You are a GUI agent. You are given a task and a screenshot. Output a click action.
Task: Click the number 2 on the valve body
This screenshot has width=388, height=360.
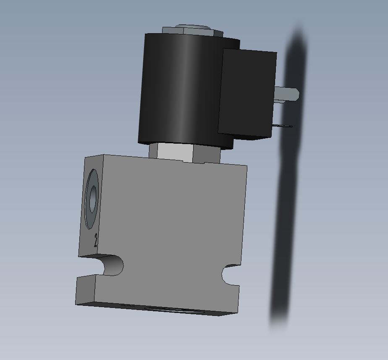(x=96, y=240)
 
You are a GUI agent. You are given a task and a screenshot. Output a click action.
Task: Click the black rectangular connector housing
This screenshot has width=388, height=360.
(x=247, y=93)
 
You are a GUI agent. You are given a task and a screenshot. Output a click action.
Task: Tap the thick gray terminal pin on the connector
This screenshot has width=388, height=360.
(x=288, y=94)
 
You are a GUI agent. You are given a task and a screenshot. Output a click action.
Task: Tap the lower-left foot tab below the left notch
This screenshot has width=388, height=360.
(x=86, y=290)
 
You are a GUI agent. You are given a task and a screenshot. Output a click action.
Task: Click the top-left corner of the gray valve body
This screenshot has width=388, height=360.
(x=86, y=158)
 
